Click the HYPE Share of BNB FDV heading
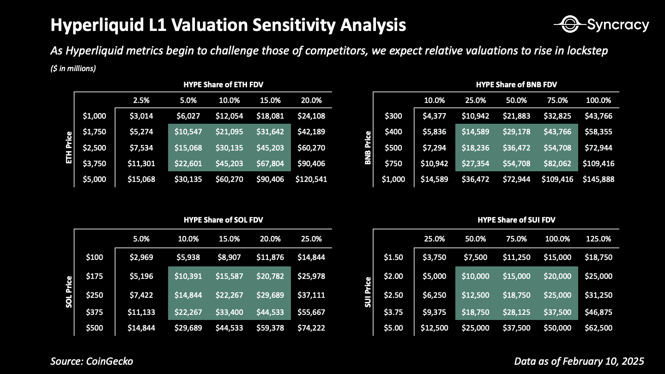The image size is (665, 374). click(516, 84)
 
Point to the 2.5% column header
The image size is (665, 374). click(141, 100)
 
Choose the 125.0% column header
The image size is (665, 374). click(598, 239)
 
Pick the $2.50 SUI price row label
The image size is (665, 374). click(393, 295)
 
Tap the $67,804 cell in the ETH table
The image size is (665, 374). click(270, 163)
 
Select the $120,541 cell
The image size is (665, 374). click(311, 179)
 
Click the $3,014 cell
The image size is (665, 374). click(141, 116)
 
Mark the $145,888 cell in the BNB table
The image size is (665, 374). click(598, 179)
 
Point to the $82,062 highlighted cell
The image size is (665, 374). click(557, 163)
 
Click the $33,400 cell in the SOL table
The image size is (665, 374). click(229, 312)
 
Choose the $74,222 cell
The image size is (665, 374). click(311, 328)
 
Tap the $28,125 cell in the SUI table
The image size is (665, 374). click(516, 312)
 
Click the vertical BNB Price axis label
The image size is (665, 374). click(368, 147)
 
